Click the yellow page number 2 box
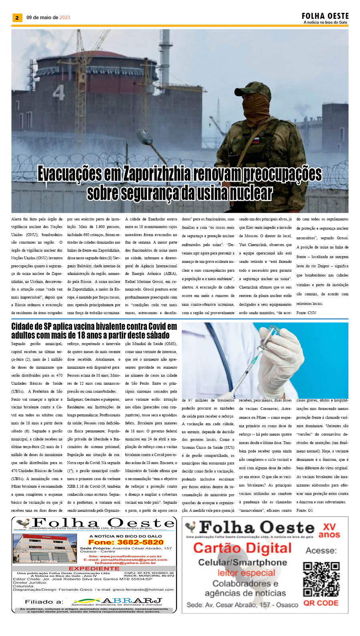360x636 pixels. (x=17, y=18)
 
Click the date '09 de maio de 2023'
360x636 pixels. (x=48, y=18)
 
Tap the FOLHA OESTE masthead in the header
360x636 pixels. (x=325, y=16)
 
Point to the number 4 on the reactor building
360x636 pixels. (x=58, y=93)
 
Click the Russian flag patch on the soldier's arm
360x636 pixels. (x=254, y=140)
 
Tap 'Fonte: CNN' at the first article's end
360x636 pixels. (x=306, y=313)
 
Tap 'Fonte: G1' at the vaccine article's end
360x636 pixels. (x=304, y=510)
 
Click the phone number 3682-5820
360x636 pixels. (x=126, y=542)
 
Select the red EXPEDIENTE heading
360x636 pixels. (x=94, y=568)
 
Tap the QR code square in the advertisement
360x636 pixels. (x=321, y=579)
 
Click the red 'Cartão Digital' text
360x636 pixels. (x=242, y=548)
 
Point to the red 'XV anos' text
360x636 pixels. (x=329, y=531)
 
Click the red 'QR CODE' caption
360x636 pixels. (x=321, y=603)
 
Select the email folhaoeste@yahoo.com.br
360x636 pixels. (x=125, y=563)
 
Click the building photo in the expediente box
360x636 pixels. (x=44, y=549)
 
